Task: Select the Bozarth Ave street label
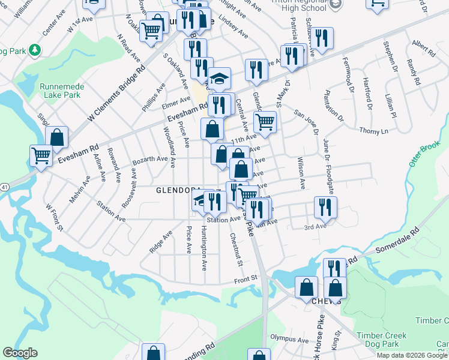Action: click(x=150, y=158)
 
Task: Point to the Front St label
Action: click(x=246, y=278)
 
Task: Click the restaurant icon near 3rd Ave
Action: click(x=325, y=208)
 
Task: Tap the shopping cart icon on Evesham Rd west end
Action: click(x=41, y=156)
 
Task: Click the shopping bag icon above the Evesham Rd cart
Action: click(x=56, y=137)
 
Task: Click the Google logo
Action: click(x=20, y=353)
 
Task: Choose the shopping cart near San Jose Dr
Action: click(x=265, y=122)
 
